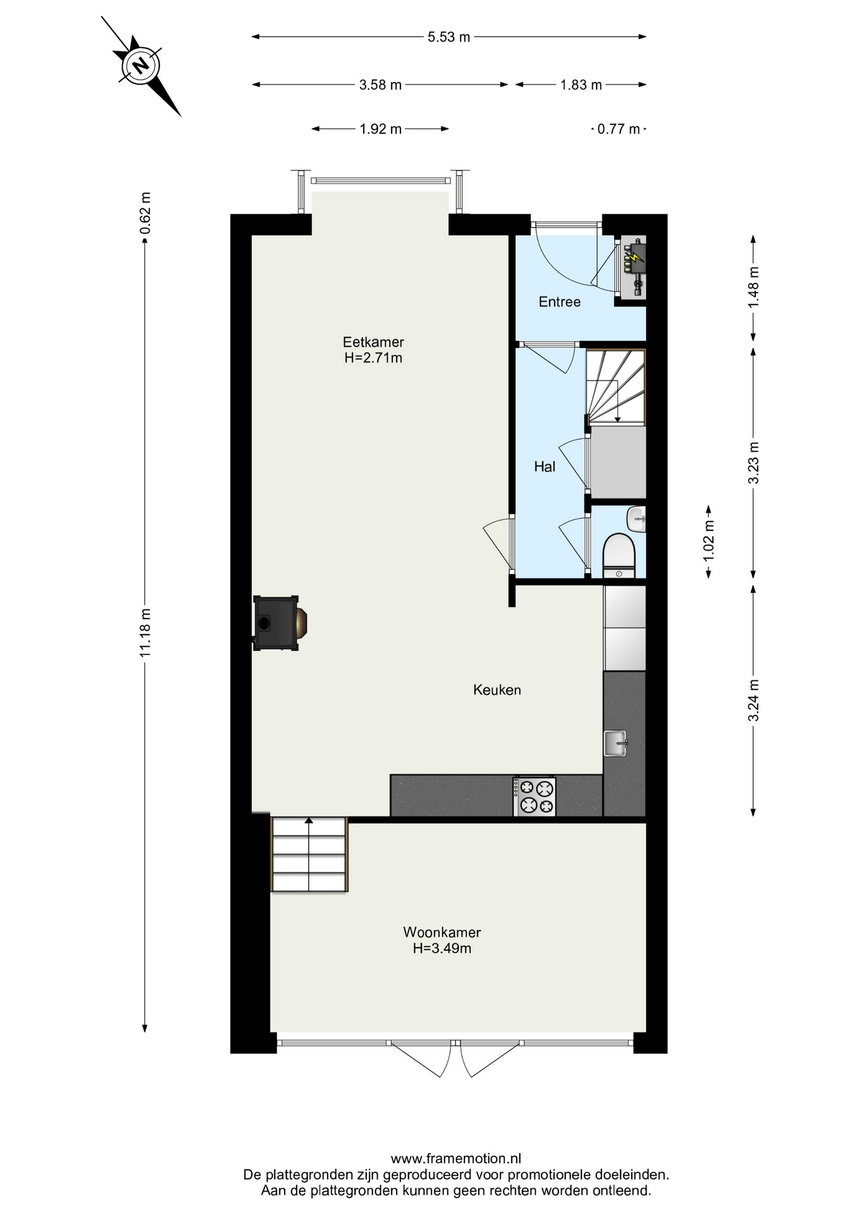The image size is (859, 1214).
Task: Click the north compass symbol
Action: [x=140, y=65]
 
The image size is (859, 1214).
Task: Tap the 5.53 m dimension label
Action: [x=449, y=37]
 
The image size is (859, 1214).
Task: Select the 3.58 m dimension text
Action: [x=380, y=85]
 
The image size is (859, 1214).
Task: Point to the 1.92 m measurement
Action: [x=380, y=129]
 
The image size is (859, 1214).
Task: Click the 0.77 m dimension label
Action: [x=619, y=129]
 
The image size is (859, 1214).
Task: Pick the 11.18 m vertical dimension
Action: [x=145, y=632]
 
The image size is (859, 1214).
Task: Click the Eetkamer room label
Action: [x=373, y=342]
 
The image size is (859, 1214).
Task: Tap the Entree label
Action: [x=560, y=302]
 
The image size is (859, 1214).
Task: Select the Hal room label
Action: [x=545, y=467]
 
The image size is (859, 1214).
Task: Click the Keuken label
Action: [x=497, y=690]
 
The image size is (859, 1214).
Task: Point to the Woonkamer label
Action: [x=442, y=932]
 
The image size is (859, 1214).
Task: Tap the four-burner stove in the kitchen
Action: [x=535, y=796]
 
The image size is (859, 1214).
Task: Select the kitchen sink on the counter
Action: [x=615, y=743]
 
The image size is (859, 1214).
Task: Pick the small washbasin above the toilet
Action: [x=636, y=519]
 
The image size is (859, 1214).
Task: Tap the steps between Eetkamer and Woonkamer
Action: [x=309, y=854]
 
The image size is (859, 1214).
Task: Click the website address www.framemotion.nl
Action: [x=456, y=1159]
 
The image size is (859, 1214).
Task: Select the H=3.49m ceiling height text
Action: [x=442, y=948]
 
